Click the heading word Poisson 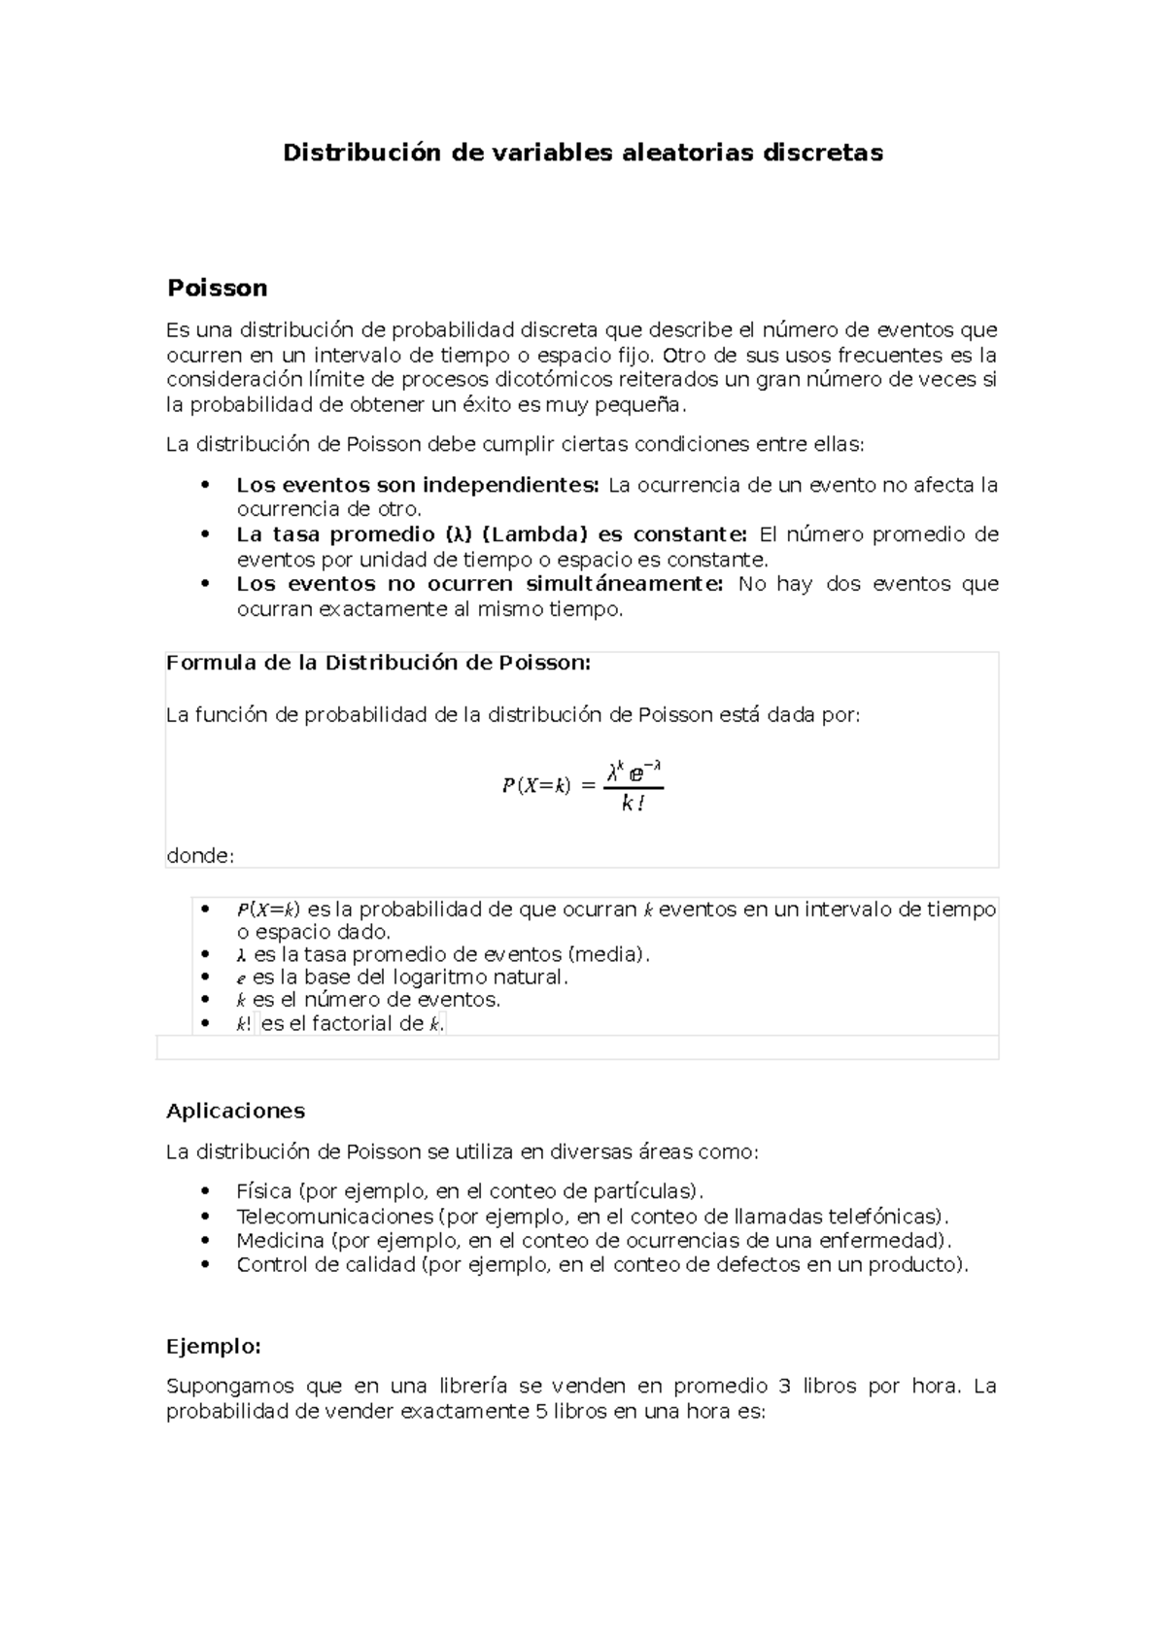click(217, 289)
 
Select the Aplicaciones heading click(235, 1111)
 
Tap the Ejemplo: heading click(214, 1347)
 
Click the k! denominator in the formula click(633, 803)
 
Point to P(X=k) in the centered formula click(535, 786)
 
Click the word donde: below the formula click(200, 856)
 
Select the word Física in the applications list click(263, 1191)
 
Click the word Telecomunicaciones click(334, 1217)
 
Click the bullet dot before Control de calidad click(204, 1265)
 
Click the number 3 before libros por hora click(786, 1387)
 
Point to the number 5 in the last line click(541, 1412)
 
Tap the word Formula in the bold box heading click(201, 663)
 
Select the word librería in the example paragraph click(473, 1387)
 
